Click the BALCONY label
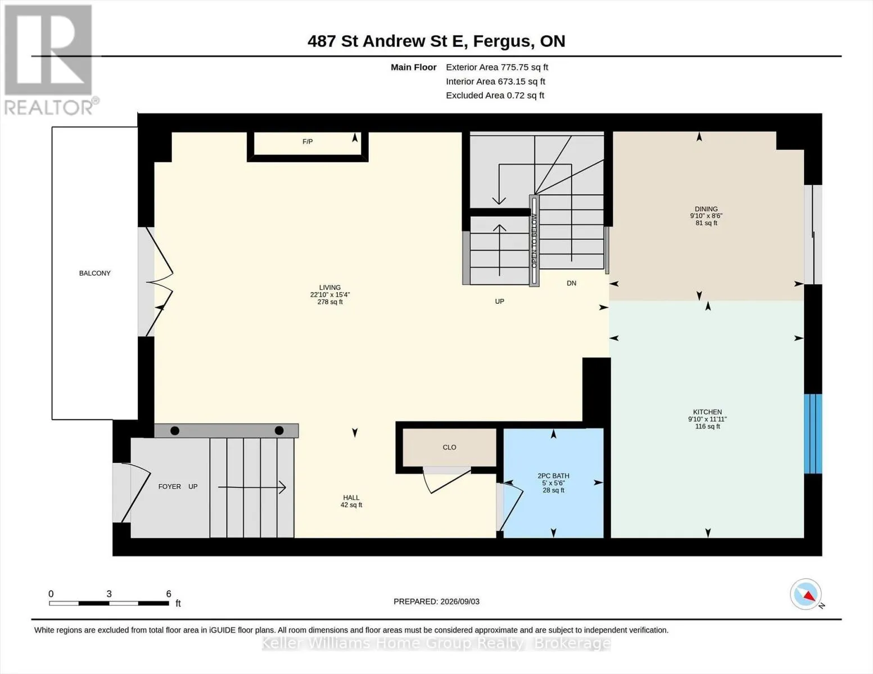click(x=95, y=274)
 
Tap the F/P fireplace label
click(x=307, y=142)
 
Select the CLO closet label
click(x=449, y=447)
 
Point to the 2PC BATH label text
click(x=553, y=476)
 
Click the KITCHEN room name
click(x=708, y=412)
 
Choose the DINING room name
click(x=706, y=209)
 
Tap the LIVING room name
click(x=330, y=288)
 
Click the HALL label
click(x=351, y=498)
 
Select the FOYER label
click(x=170, y=486)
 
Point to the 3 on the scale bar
click(x=109, y=594)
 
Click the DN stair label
click(x=571, y=283)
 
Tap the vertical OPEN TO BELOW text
click(x=534, y=241)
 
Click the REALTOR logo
click(x=49, y=60)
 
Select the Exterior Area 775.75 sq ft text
click(x=497, y=67)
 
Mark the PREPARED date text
click(x=436, y=602)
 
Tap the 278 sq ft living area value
click(x=330, y=302)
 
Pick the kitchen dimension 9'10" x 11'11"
click(x=708, y=419)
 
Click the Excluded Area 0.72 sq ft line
click(x=495, y=95)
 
